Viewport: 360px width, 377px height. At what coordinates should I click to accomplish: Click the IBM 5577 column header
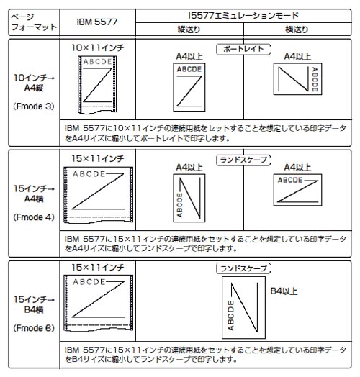[x=97, y=22]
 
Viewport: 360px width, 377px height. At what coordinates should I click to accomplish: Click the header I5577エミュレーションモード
[x=243, y=16]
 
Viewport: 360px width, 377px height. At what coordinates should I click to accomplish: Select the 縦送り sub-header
[x=189, y=29]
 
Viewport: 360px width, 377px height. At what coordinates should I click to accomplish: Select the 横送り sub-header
[x=297, y=29]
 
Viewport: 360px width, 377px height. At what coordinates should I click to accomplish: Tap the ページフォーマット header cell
[x=34, y=22]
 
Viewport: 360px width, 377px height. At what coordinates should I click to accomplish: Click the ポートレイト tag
[x=243, y=50]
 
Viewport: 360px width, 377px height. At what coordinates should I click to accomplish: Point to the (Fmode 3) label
[x=34, y=106]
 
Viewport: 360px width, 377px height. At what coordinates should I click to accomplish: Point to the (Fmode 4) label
[x=34, y=217]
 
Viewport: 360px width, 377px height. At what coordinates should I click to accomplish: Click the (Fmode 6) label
[x=34, y=328]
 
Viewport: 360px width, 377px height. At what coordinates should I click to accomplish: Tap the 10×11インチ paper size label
[x=97, y=47]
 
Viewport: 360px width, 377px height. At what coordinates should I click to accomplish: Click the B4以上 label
[x=284, y=291]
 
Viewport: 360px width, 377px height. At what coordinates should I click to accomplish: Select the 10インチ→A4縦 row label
[x=34, y=83]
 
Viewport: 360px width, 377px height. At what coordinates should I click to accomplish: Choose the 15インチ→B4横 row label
[x=34, y=304]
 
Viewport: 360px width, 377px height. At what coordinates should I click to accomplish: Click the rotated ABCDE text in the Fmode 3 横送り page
[x=315, y=79]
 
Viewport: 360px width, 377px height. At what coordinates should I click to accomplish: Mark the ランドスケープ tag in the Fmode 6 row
[x=243, y=268]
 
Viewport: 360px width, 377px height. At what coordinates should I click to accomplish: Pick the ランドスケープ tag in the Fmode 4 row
[x=243, y=160]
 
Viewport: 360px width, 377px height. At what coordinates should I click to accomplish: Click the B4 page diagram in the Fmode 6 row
[x=243, y=307]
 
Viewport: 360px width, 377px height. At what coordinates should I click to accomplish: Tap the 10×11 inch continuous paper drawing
[x=97, y=84]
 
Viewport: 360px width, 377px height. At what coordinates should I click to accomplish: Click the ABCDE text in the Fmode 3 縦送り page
[x=189, y=69]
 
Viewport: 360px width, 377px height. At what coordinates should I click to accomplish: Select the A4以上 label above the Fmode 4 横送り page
[x=297, y=168]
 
